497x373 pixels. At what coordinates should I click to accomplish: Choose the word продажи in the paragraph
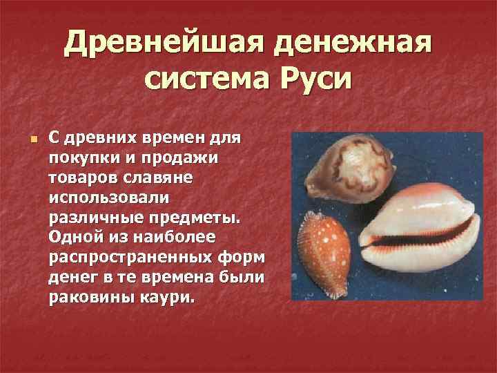(x=181, y=159)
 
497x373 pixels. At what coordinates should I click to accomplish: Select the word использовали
(x=108, y=198)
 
